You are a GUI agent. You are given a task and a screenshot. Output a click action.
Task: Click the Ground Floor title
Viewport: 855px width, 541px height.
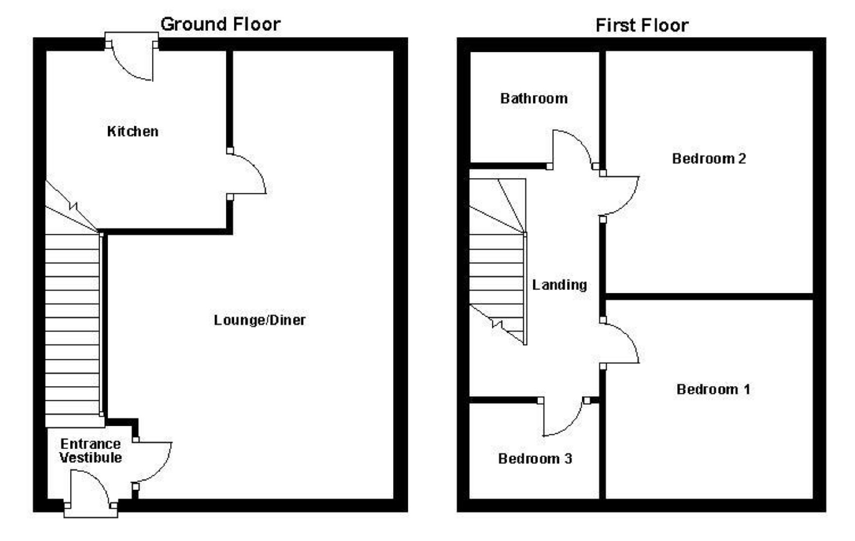pos(220,24)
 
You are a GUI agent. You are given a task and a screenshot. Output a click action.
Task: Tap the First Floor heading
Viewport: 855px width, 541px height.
pos(642,26)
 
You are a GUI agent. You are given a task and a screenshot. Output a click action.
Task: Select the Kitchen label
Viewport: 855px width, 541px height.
pos(133,131)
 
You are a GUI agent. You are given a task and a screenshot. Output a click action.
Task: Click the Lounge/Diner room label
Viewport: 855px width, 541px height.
pos(260,320)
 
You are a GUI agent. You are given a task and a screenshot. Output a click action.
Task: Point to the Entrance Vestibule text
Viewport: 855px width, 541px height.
pos(90,451)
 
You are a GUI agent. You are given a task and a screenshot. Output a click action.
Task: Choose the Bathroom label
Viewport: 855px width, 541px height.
pos(534,98)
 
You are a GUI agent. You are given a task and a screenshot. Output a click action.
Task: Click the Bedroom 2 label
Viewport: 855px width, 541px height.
pos(709,159)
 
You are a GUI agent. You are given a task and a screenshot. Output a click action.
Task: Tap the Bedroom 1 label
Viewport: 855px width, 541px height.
pos(713,389)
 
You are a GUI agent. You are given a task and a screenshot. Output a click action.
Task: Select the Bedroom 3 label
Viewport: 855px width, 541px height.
pos(535,458)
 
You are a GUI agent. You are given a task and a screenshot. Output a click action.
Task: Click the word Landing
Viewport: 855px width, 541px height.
pos(559,285)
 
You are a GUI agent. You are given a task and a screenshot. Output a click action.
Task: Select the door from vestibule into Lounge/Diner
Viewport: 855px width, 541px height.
pos(153,462)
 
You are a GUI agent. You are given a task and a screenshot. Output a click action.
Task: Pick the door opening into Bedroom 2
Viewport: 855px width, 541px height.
pos(621,196)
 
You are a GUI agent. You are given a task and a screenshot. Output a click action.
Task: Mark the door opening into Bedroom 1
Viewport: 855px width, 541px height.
pos(620,342)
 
